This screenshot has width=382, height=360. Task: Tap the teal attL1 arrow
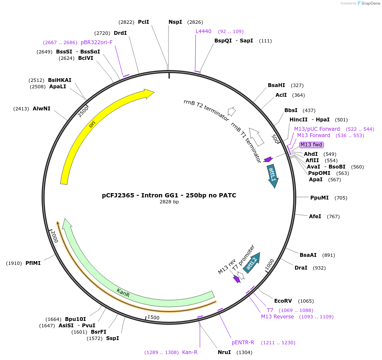(x=272, y=175)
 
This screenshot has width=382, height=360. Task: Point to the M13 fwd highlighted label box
(x=311, y=145)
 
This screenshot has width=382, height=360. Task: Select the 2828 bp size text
(x=169, y=202)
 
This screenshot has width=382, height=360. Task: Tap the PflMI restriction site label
(x=33, y=263)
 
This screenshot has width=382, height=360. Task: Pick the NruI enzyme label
(x=224, y=352)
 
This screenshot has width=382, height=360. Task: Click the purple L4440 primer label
(x=203, y=31)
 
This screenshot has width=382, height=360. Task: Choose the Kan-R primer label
(x=190, y=352)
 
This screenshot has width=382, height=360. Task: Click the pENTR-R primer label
(x=243, y=343)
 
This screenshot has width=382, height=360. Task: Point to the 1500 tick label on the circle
(x=153, y=318)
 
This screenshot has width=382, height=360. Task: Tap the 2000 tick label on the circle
(x=54, y=236)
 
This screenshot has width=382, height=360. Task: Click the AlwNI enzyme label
(x=42, y=109)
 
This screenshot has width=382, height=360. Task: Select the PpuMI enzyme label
(x=320, y=198)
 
